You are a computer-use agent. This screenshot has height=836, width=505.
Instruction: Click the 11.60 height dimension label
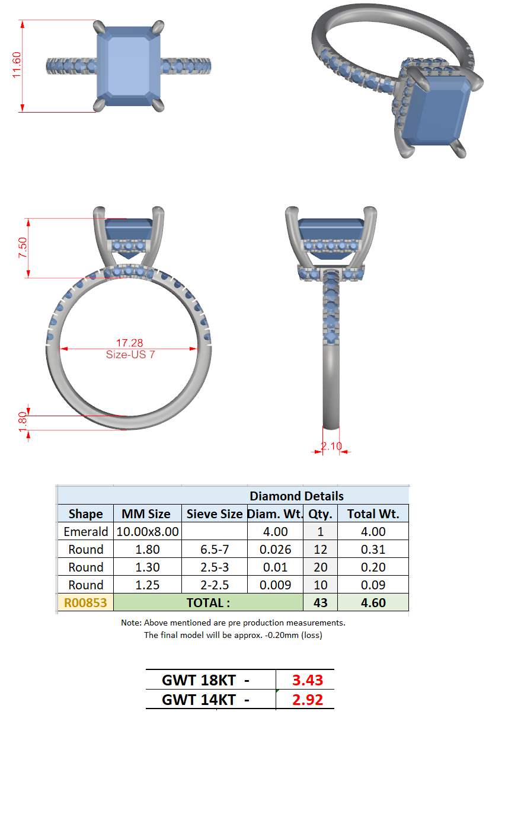pyautogui.click(x=17, y=65)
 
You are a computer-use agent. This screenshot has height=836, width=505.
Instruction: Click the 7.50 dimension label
pyautogui.click(x=23, y=247)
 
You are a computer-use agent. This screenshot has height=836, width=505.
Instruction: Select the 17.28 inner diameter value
pyautogui.click(x=129, y=343)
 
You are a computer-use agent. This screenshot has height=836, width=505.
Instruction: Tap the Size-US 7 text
pyautogui.click(x=130, y=355)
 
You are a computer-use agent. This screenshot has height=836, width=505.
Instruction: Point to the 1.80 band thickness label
pyautogui.click(x=23, y=422)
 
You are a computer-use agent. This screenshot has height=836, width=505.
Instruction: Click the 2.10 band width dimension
pyautogui.click(x=331, y=446)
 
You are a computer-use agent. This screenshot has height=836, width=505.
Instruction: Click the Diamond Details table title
pyautogui.click(x=296, y=496)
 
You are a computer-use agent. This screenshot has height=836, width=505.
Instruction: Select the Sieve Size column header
pyautogui.click(x=215, y=514)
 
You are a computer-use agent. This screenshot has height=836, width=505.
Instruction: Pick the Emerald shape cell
pyautogui.click(x=86, y=531)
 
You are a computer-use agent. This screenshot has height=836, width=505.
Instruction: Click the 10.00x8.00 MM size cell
pyautogui.click(x=148, y=531)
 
